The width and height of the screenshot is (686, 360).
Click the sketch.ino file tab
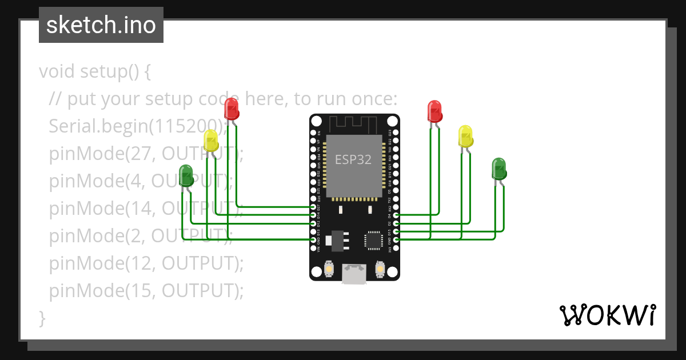[x=101, y=25]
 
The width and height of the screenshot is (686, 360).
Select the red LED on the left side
[x=231, y=109]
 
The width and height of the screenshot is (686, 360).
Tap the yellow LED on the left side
[x=211, y=141]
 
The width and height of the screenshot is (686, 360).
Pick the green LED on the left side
[x=186, y=175]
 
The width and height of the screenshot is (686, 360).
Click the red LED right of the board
[x=434, y=111]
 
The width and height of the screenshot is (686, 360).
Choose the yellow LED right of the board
[x=466, y=136]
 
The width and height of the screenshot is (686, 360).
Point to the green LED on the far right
[x=499, y=169]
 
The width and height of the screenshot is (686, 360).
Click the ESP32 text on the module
[x=353, y=160]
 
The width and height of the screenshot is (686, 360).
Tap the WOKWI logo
[x=607, y=315]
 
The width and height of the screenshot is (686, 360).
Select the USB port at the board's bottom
[x=354, y=274]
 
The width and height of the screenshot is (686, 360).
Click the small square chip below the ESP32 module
[x=374, y=240]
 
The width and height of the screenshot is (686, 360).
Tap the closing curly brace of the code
[x=42, y=318]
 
